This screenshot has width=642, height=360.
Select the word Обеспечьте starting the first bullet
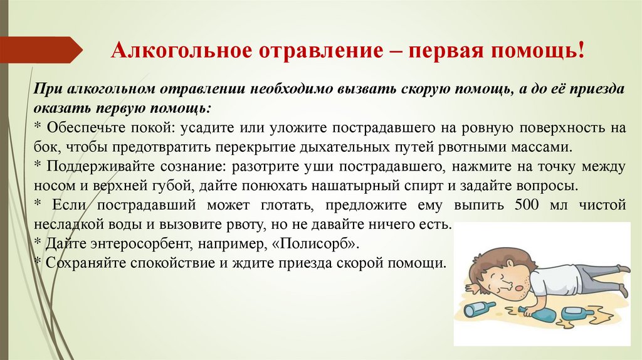[80, 129]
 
